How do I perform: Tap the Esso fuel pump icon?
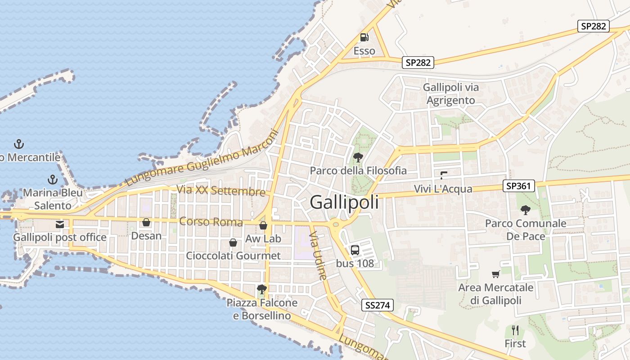364,37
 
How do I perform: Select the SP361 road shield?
519,185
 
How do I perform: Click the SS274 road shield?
378,305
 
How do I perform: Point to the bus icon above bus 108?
355,250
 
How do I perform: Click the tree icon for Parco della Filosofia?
358,157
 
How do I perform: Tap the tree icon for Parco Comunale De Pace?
525,209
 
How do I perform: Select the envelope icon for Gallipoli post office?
60,224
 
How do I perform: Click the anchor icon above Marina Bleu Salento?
53,180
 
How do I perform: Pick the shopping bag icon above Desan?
146,222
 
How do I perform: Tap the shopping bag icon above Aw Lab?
263,225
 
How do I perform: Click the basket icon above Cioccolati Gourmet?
233,243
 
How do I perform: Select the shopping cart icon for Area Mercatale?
495,274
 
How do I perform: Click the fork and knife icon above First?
515,330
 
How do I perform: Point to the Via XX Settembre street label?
221,190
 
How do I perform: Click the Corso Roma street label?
211,222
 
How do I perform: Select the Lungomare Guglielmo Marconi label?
202,157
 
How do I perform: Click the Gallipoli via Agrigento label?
450,94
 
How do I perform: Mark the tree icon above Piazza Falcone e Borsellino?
261,289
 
